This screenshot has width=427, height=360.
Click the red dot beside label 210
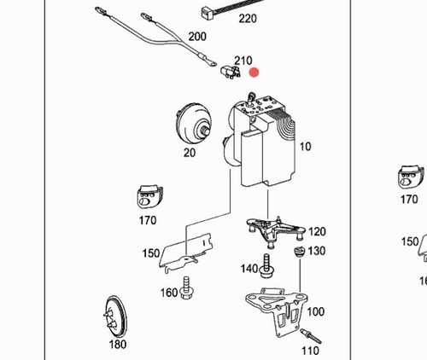point(254,73)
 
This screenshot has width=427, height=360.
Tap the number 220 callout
point(248,19)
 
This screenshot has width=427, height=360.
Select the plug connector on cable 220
point(207,14)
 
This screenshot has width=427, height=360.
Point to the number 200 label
point(197,37)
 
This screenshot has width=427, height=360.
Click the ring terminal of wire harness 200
point(212,63)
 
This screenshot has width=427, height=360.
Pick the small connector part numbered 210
point(231,72)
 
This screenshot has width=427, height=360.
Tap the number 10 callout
point(305,147)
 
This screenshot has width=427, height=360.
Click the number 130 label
point(317,251)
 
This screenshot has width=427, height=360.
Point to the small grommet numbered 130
point(300,252)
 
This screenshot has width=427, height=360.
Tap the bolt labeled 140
point(266,266)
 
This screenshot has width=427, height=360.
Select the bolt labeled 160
point(187,287)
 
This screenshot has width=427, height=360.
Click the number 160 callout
point(169,293)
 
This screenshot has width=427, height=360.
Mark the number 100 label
point(316,312)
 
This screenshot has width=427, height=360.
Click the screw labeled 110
point(311,336)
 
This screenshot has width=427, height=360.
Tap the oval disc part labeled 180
point(114,316)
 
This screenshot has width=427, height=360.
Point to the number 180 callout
point(118,345)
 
